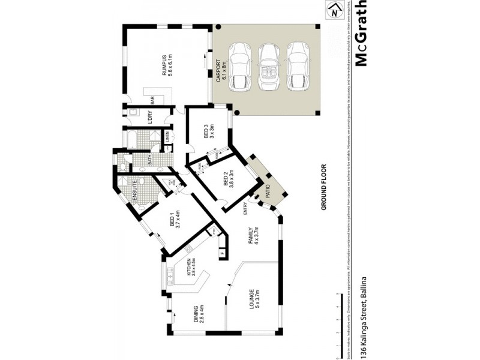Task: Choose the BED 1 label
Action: pos(174,222)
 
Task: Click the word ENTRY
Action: pos(245,208)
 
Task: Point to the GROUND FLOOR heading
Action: pos(322,187)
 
